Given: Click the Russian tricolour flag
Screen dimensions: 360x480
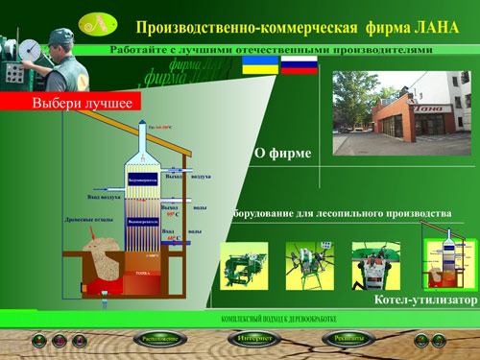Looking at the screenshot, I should [298, 65].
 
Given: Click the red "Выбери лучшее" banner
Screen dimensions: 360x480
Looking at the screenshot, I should [72, 102].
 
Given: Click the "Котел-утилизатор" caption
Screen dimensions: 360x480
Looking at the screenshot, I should [425, 300].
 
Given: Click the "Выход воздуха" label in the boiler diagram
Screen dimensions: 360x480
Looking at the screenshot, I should [186, 177].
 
